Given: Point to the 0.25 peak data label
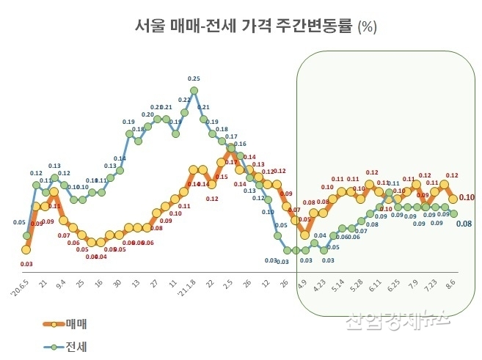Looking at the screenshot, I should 194,78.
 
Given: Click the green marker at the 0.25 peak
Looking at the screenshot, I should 194,92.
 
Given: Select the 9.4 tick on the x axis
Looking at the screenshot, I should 60,281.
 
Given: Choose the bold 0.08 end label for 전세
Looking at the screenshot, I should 464,223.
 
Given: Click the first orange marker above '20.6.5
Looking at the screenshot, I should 26,249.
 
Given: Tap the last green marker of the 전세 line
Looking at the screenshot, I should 453,213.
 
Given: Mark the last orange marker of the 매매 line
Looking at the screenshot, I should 453,198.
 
